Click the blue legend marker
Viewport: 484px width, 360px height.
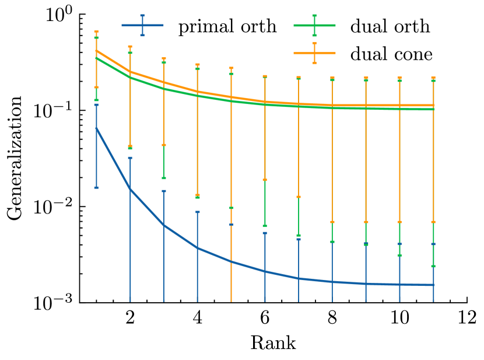(x=142, y=25)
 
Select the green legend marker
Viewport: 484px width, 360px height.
(x=314, y=25)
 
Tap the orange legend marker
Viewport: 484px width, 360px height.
(x=314, y=53)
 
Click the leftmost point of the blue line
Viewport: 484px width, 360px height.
(x=96, y=128)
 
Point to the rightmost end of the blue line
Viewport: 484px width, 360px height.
(x=433, y=285)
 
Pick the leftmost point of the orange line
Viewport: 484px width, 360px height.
(x=96, y=51)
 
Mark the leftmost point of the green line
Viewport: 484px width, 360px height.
(x=96, y=58)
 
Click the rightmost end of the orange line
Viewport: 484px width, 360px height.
(x=433, y=105)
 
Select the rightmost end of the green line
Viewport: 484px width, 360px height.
(x=433, y=109)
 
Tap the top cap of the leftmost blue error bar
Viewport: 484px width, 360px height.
(x=96, y=105)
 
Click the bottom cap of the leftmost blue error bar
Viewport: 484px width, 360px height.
(x=96, y=187)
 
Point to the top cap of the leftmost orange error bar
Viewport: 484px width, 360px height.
(x=96, y=32)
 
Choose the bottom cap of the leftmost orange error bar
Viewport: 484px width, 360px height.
(x=96, y=87)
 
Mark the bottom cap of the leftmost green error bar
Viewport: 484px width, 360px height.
(x=96, y=100)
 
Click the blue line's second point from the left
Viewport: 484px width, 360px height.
(x=130, y=189)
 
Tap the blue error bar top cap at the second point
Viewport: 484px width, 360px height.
(x=130, y=158)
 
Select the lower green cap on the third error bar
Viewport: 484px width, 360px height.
(x=164, y=179)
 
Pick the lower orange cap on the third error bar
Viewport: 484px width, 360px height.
(x=164, y=145)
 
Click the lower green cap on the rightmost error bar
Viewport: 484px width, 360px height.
(x=433, y=266)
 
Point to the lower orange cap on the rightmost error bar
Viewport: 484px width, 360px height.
(x=433, y=222)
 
